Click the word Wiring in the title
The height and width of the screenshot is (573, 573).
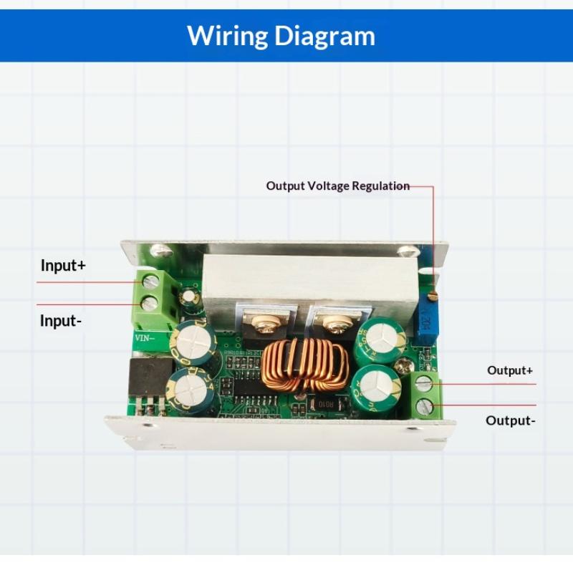pos(228,35)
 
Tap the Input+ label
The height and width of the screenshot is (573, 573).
pos(63,265)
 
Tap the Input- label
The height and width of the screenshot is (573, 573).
pos(61,321)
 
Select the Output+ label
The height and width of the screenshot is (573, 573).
pos(510,370)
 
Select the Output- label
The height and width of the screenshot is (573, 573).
pos(510,420)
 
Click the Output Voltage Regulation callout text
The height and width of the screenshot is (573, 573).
pos(337,186)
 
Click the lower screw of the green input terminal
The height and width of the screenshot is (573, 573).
pos(150,304)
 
